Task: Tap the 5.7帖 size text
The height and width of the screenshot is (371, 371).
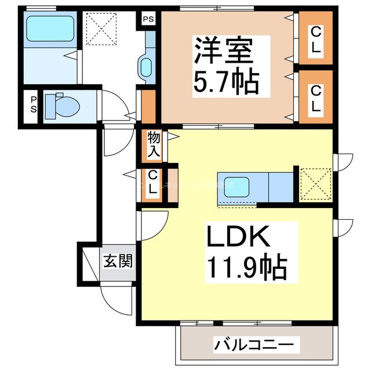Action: (x=225, y=82)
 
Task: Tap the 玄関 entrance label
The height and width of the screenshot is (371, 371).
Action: (x=118, y=261)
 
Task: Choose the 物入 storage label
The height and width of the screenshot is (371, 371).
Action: (x=154, y=144)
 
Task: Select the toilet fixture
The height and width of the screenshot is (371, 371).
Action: (x=61, y=106)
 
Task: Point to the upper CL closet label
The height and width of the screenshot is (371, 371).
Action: (x=315, y=39)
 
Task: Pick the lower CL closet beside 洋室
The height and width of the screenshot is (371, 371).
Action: (x=315, y=99)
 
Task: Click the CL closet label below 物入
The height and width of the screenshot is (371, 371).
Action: (x=152, y=183)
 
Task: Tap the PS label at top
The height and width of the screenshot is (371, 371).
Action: (x=148, y=19)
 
